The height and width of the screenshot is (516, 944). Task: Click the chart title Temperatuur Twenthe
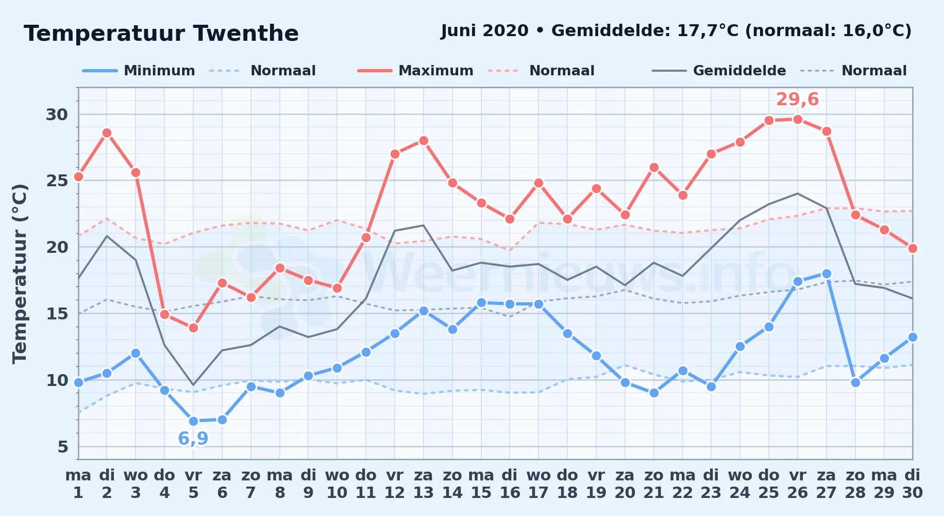161,34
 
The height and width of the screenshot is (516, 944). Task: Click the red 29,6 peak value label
797,99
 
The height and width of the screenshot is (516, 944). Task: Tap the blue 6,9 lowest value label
193,439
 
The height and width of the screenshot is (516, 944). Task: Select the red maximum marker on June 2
107,133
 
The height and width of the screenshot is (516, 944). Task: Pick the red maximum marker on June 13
424,140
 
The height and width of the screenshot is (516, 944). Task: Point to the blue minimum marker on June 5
193,421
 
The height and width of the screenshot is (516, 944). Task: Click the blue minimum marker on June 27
827,273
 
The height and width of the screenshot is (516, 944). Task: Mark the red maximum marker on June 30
913,248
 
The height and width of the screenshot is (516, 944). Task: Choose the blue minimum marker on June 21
654,393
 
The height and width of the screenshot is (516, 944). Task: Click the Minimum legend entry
139,71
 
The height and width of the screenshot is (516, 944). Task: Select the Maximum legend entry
415,71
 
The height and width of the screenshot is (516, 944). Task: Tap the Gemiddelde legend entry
719,71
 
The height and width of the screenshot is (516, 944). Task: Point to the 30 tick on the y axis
57,114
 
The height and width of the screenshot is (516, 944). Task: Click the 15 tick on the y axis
57,314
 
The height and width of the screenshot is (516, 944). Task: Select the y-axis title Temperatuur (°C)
20,273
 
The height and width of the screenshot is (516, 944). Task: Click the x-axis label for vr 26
797,484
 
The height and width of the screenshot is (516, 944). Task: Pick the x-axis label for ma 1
78,484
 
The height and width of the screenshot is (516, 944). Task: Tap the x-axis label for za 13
424,484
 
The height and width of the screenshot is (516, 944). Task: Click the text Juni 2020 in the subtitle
485,31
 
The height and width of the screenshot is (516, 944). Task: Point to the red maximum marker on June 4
164,314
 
